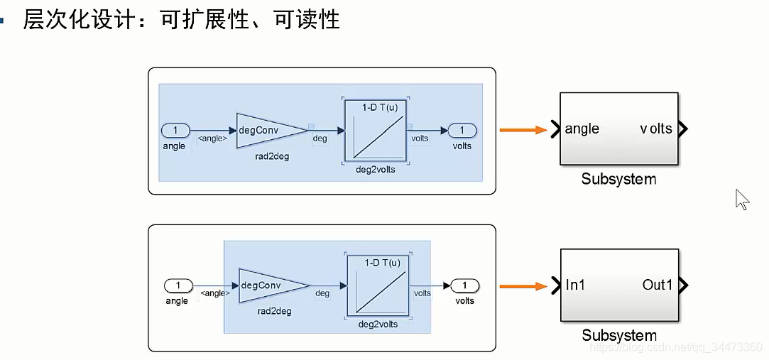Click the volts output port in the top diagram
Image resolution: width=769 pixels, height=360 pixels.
coord(462,131)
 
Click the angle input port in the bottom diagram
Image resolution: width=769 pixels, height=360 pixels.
coord(178,285)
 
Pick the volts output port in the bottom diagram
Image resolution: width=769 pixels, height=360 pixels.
coord(465,285)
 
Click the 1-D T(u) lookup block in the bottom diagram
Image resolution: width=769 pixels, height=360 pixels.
coord(378,286)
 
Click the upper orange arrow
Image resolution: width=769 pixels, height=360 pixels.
coord(523,130)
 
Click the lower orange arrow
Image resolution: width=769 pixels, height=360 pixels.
coord(523,286)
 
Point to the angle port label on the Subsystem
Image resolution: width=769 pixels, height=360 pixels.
coord(582,129)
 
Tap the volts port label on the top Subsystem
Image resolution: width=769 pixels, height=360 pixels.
coord(655,129)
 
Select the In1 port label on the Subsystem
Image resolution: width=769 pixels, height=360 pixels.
coord(575,285)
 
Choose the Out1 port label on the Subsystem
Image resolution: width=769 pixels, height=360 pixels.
coord(657,285)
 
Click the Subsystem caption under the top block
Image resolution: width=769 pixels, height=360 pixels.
coord(618,179)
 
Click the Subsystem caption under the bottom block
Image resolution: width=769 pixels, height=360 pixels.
coord(619,335)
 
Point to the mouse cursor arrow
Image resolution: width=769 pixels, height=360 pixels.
coord(741,199)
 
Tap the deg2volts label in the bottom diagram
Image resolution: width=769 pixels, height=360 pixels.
coord(378,324)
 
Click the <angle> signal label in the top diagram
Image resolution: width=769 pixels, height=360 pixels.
coord(212,138)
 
